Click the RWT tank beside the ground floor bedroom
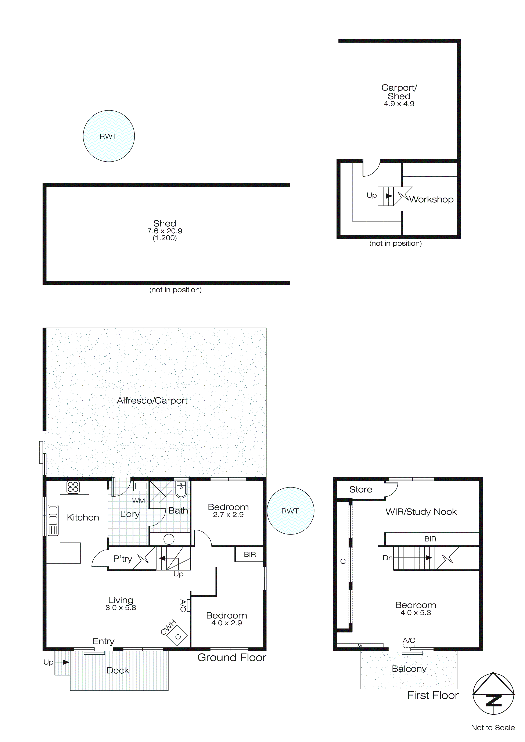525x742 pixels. [x=290, y=511]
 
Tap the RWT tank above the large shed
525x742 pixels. [x=109, y=136]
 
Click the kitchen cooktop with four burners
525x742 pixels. [x=73, y=487]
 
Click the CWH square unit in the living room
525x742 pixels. [x=177, y=637]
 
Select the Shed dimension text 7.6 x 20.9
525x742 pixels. [x=165, y=231]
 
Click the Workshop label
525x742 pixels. [x=431, y=199]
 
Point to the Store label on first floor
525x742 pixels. [x=360, y=490]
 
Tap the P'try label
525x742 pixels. [x=123, y=559]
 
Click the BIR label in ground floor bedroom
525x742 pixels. [x=249, y=555]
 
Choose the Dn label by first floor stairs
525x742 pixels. [x=387, y=558]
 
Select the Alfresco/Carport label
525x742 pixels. [x=152, y=401]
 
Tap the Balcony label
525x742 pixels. [x=409, y=669]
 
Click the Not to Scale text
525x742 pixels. [x=493, y=728]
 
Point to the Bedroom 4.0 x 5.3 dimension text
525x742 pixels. [x=416, y=613]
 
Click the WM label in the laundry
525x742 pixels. [x=138, y=501]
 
